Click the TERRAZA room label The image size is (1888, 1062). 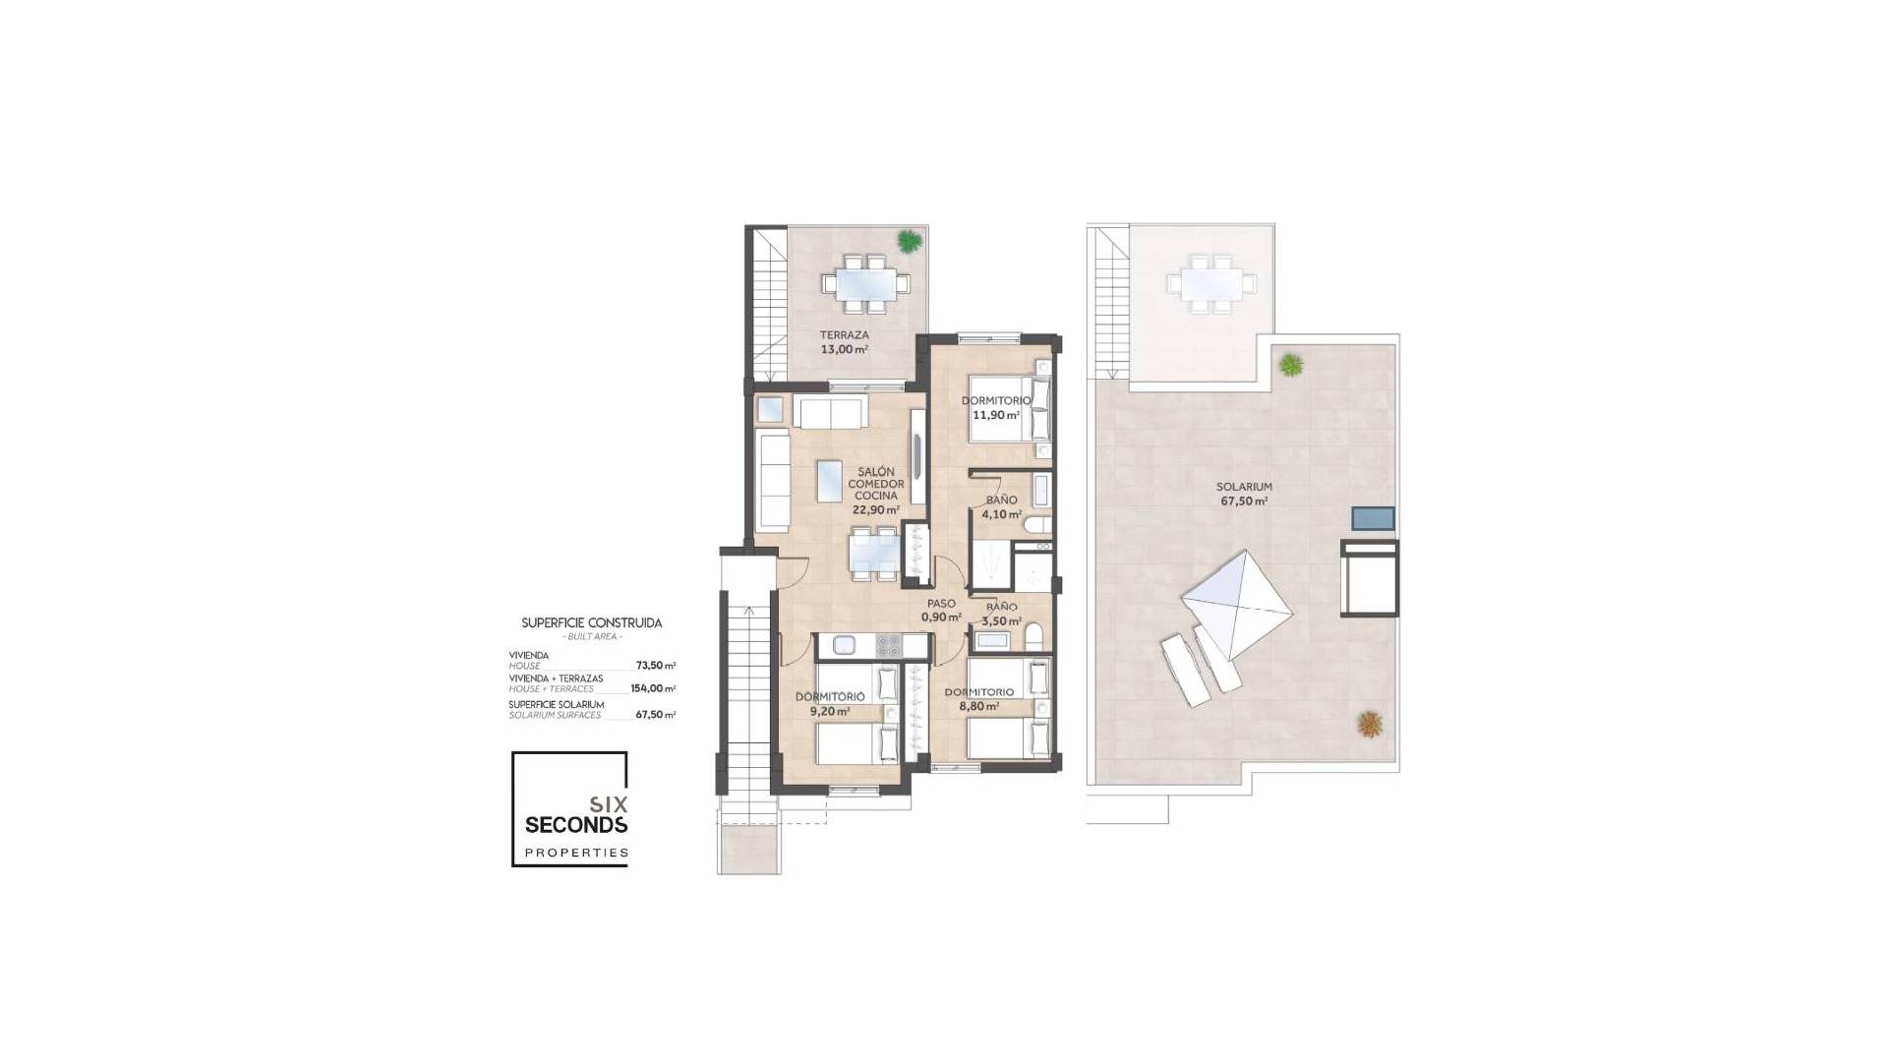845,335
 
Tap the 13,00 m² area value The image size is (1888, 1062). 845,349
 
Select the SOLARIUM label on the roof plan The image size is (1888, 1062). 1244,487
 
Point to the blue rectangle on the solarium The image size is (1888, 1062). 1373,518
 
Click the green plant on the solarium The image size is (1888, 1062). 1290,365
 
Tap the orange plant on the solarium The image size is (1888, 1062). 1370,725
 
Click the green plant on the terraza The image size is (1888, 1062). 910,240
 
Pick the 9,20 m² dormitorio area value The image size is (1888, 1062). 830,711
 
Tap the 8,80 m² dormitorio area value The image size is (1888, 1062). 979,706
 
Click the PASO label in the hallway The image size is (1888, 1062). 941,604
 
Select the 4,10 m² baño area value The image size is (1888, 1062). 1002,514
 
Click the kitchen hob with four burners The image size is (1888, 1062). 888,645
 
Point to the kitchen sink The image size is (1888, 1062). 845,645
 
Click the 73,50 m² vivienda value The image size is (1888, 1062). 655,666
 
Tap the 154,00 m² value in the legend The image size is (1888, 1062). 653,688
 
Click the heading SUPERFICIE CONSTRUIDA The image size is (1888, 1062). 591,623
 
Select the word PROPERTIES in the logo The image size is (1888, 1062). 576,853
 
